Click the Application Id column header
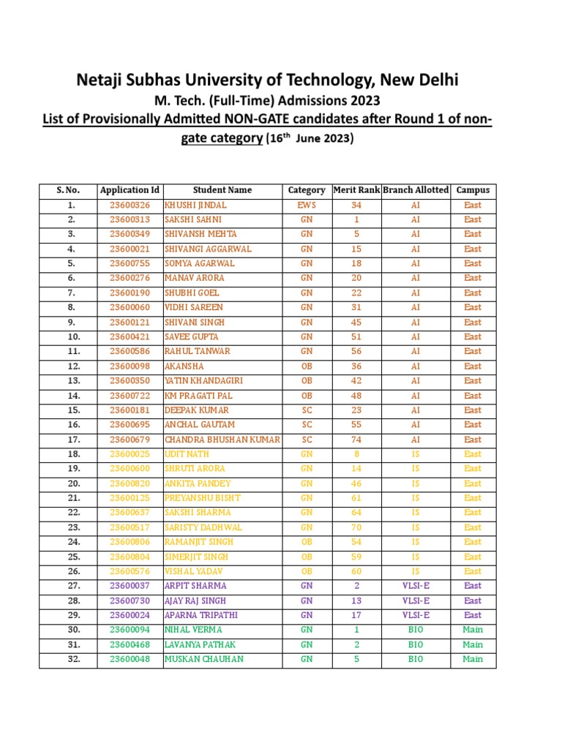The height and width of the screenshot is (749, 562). point(130,190)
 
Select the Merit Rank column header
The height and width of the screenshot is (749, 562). point(356,190)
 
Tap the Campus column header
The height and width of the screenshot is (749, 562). point(473,190)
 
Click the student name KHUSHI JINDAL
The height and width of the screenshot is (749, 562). point(195,205)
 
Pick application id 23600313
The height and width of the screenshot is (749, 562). point(130,219)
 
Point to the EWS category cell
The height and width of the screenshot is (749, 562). point(307,205)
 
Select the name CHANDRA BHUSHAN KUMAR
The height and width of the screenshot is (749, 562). point(222,440)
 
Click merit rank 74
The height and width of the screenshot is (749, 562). point(356,440)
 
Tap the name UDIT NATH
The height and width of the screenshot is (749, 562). point(187,454)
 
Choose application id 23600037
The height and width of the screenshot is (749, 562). point(130,586)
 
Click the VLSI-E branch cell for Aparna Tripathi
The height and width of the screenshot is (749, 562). point(415,615)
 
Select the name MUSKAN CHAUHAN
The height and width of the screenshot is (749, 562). point(204,659)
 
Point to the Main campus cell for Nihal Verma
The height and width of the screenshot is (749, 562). point(473,630)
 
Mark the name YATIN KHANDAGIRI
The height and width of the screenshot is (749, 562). point(203,381)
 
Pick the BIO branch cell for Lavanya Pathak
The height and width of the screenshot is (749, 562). point(415,644)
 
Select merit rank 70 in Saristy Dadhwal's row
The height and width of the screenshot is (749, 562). point(356,527)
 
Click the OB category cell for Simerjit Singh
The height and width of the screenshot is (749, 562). point(307,557)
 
